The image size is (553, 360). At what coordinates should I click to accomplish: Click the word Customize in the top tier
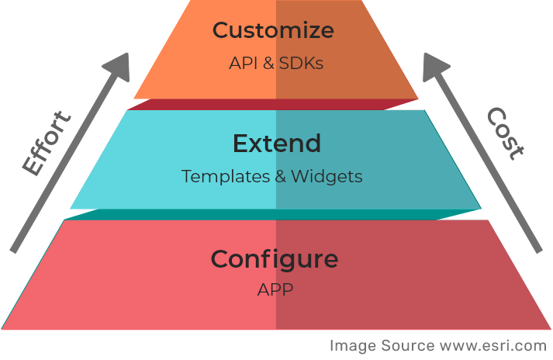(273, 31)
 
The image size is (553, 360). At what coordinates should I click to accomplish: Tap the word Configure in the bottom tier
(275, 258)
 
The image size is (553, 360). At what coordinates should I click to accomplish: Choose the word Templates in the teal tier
(226, 177)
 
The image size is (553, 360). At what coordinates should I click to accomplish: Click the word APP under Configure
(275, 290)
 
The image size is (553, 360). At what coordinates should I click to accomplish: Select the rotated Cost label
(506, 133)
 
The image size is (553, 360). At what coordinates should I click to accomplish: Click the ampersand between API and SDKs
(268, 64)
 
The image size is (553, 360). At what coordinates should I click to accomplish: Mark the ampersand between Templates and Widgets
(283, 177)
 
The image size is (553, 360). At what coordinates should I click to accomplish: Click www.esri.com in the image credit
(493, 345)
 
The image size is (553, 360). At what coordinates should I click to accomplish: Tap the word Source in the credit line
(409, 345)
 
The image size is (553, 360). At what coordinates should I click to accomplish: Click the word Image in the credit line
(352, 345)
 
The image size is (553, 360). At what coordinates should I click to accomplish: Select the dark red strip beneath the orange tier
(275, 105)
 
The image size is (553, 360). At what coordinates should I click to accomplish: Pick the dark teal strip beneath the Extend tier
(275, 214)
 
